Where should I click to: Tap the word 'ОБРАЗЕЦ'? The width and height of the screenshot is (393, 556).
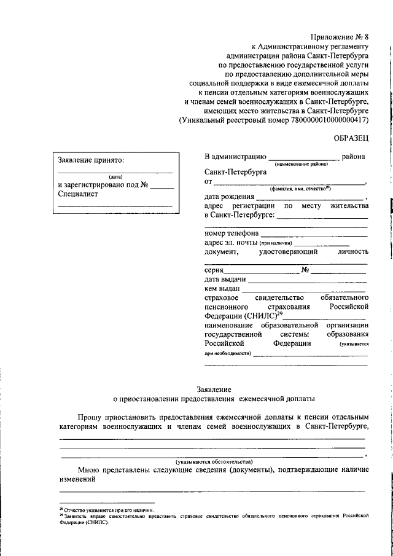pyautogui.click(x=351, y=139)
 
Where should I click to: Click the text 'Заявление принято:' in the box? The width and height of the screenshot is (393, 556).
pyautogui.click(x=91, y=160)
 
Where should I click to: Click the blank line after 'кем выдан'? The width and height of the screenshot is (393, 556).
pyautogui.click(x=303, y=289)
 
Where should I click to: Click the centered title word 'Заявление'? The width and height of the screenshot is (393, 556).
pyautogui.click(x=214, y=388)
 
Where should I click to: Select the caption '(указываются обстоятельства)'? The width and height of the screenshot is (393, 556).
pyautogui.click(x=214, y=461)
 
